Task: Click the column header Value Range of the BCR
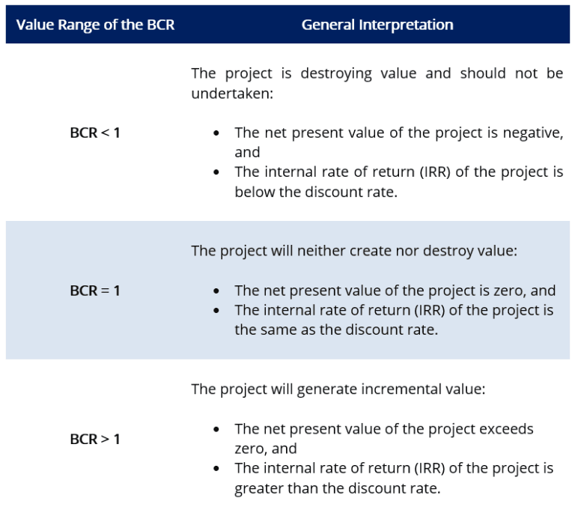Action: (x=95, y=25)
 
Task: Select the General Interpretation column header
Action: (x=377, y=25)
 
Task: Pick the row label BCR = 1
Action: (x=95, y=290)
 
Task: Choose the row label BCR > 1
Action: (x=95, y=439)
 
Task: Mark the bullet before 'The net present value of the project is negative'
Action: (x=216, y=133)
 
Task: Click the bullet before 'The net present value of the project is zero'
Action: (x=216, y=291)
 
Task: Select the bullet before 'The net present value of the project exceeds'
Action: (x=216, y=429)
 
